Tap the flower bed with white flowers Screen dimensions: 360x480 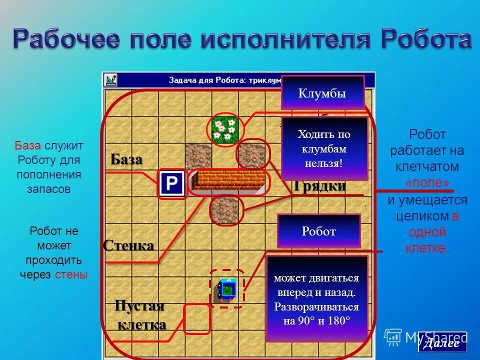(223, 129)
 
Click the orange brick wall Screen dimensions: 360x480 (230, 181)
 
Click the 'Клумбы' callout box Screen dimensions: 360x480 (322, 92)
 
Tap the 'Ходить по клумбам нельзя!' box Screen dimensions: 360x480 (324, 148)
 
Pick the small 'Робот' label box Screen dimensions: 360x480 (318, 231)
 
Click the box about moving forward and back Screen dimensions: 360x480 (317, 299)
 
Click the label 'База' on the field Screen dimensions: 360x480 (126, 160)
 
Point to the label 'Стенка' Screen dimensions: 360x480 (128, 245)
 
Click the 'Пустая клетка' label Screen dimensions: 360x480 (140, 315)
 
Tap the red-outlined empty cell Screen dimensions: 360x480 (196, 319)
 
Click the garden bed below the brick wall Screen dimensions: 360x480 (226, 209)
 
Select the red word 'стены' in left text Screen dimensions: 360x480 (71, 274)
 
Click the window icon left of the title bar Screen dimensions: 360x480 (110, 79)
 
